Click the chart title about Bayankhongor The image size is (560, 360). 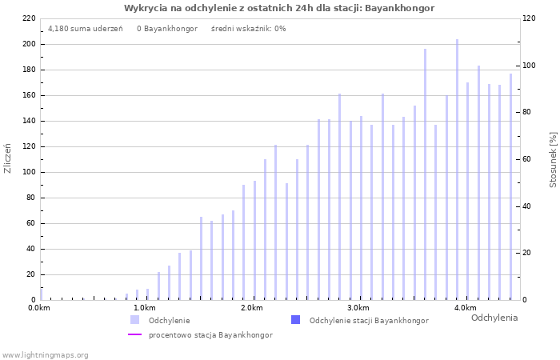coord(279,8)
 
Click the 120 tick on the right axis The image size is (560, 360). coord(530,18)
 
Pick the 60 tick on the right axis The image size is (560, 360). coord(528,159)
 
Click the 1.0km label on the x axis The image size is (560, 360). coord(144,308)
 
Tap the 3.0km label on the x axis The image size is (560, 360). coord(358,308)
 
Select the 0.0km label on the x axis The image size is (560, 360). coord(39,308)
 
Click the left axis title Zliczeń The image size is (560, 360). coord(9,158)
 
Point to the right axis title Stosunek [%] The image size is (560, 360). coord(553,160)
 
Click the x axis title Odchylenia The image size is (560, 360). coord(494,318)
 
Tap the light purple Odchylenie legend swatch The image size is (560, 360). coord(135,320)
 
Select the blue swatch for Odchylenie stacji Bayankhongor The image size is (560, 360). coord(295,320)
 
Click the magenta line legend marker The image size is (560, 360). coord(135,334)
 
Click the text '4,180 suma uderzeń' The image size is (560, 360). coord(86,29)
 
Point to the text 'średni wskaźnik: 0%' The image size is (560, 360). coord(248,29)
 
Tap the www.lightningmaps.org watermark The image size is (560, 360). coord(45,354)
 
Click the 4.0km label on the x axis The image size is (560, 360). coord(465,308)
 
